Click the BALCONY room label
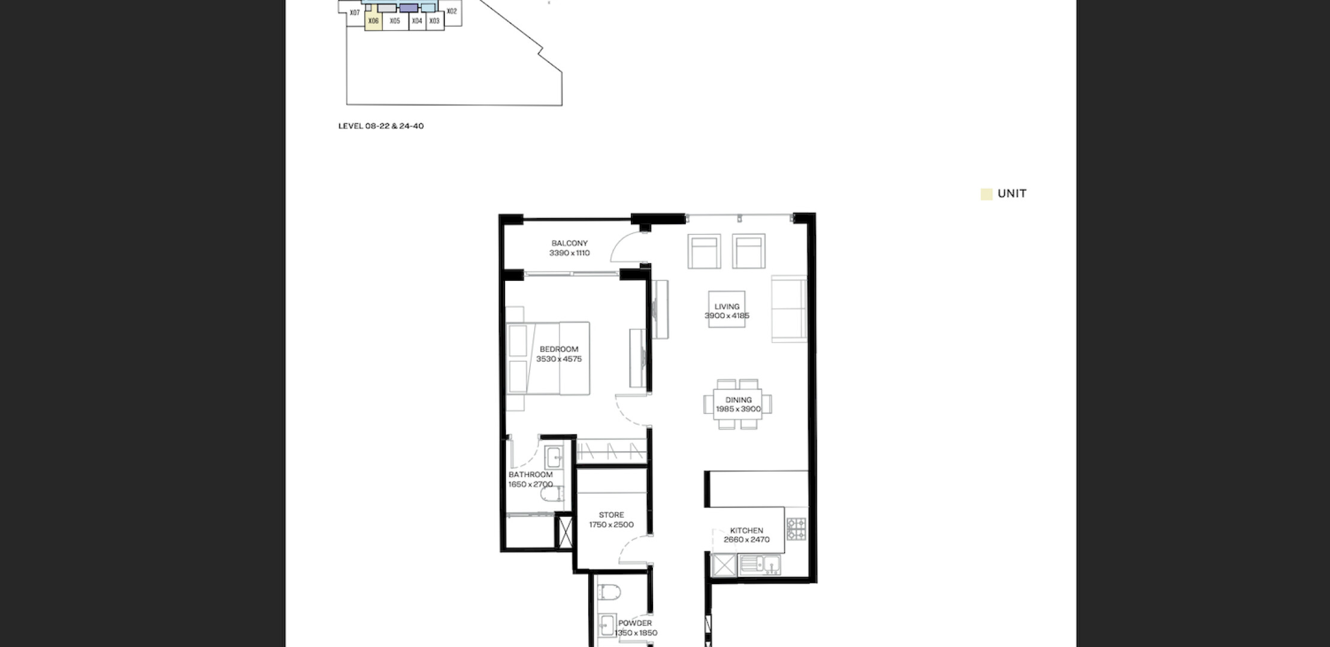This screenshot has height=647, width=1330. tap(569, 243)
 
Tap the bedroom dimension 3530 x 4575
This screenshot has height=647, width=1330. tap(559, 359)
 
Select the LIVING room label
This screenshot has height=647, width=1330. tap(727, 307)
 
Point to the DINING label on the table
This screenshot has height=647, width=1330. tap(738, 400)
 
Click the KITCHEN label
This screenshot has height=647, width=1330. tap(746, 531)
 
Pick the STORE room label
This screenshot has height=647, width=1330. tap(611, 515)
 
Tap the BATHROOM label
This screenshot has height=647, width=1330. tap(530, 475)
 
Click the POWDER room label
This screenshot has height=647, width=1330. tap(635, 623)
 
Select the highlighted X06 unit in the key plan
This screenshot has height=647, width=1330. tap(373, 20)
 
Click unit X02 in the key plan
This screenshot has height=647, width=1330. tap(452, 11)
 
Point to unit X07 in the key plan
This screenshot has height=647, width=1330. tap(355, 13)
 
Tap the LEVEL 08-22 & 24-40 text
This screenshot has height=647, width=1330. tap(381, 126)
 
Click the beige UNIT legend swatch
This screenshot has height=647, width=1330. tap(986, 194)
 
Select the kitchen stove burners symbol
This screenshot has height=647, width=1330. tap(796, 529)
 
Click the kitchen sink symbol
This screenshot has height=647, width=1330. tap(760, 564)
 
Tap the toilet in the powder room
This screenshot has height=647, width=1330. tap(609, 592)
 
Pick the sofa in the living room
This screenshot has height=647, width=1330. tap(789, 309)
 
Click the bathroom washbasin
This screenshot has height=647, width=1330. tap(553, 458)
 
